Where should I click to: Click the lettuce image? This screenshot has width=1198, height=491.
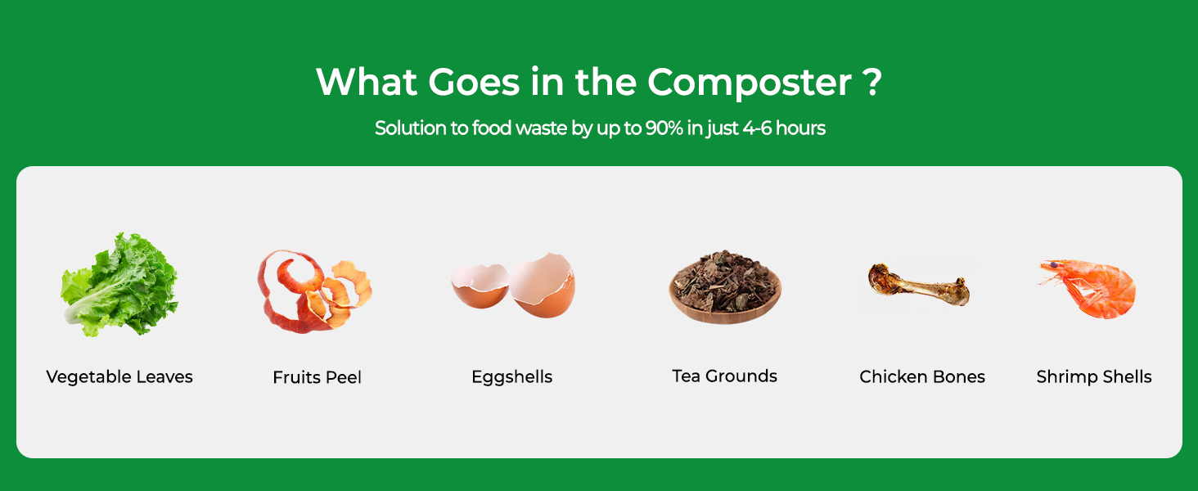119,285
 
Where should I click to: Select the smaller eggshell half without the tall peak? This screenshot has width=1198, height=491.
480,286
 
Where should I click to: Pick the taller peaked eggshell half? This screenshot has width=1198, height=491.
543,285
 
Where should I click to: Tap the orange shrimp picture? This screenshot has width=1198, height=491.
1089,289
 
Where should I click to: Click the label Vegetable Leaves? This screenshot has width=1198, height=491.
119,377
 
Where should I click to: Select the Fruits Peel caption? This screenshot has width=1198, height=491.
318,377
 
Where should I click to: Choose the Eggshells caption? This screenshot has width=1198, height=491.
511,377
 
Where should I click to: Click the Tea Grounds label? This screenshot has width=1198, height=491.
725,376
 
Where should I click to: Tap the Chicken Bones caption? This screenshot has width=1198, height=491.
922,376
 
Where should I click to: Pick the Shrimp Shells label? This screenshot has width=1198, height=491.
1094,376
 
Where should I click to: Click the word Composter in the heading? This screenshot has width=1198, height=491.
750,83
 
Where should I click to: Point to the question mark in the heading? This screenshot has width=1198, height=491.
871,82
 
